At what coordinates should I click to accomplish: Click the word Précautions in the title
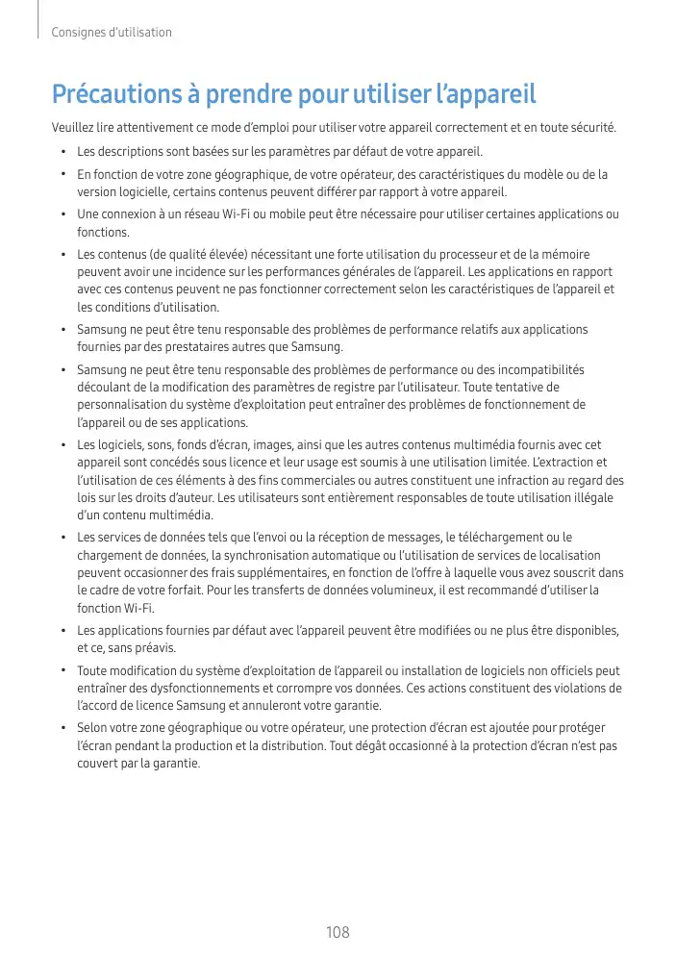(x=113, y=96)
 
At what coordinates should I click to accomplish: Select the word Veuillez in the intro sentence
(x=73, y=127)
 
